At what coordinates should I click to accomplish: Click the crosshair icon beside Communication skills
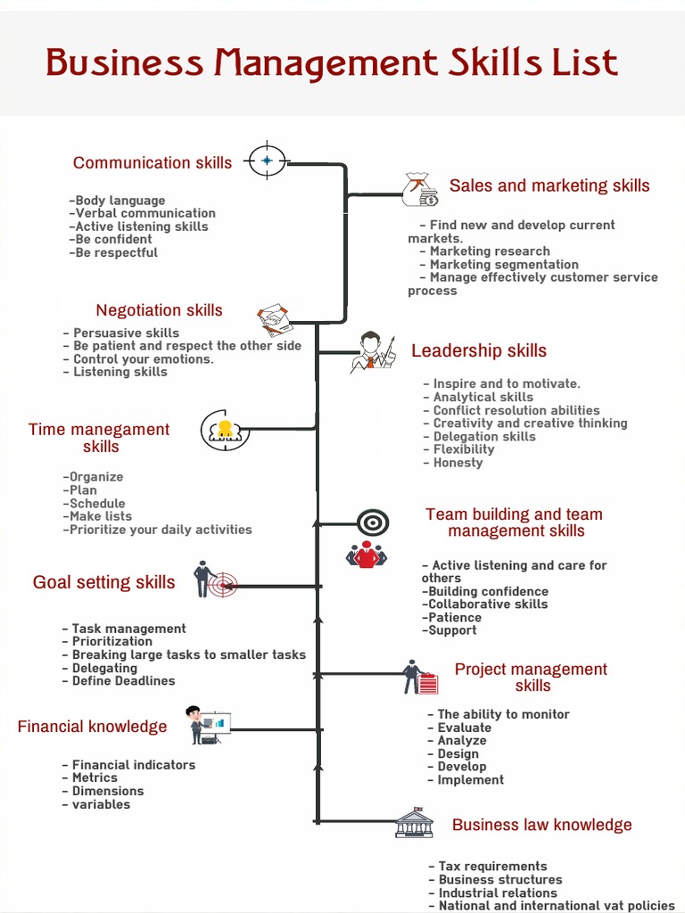tap(267, 160)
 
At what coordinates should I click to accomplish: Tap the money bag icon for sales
tap(418, 189)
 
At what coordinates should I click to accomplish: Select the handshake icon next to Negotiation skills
tap(275, 318)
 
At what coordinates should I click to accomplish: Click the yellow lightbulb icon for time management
tap(225, 430)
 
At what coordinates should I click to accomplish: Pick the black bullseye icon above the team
tap(373, 522)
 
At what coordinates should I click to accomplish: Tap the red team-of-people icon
tap(367, 555)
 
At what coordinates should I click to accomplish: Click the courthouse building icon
tap(414, 823)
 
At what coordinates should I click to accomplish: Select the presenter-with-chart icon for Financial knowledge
tap(208, 725)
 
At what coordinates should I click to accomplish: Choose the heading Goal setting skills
tap(104, 582)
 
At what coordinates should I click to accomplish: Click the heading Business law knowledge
tap(541, 825)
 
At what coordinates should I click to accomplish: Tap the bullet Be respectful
tap(116, 252)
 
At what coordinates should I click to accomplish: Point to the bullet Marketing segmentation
tap(503, 265)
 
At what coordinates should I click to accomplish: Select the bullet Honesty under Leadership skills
tap(458, 463)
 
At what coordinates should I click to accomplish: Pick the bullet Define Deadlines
tap(123, 681)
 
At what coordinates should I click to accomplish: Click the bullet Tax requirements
tap(492, 867)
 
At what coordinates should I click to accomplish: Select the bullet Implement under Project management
tap(470, 780)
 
